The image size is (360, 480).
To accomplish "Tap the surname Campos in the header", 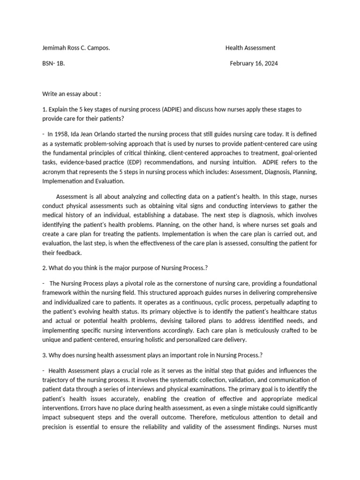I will tap(99, 48).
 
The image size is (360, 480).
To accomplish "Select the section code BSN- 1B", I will tap(53, 64).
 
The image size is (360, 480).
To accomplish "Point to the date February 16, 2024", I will tap(254, 64).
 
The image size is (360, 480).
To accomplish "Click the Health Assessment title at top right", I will tap(250, 48).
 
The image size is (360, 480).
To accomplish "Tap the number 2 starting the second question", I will tap(44, 268).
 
